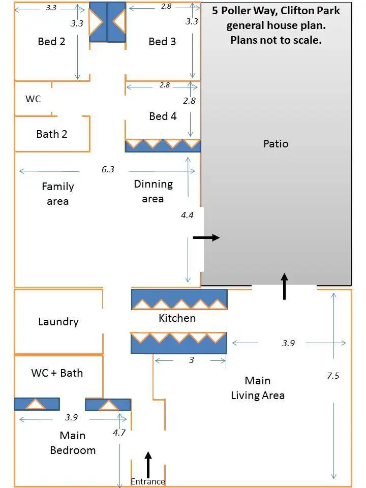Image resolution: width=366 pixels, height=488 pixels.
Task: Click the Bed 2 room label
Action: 51,42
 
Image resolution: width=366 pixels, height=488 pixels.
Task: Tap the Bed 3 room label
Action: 162,42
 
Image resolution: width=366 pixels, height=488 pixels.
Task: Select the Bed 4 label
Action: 163,116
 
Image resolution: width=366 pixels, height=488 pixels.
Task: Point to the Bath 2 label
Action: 52,134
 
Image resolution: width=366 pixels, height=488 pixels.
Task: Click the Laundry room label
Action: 58,322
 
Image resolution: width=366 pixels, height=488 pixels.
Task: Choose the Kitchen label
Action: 177,318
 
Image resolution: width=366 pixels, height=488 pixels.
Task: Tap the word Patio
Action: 276,144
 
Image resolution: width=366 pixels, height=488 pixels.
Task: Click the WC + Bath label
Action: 57,373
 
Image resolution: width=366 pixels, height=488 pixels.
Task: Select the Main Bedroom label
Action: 73,443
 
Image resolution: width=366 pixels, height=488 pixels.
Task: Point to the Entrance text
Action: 148,481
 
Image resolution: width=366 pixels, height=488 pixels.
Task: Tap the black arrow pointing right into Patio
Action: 206,237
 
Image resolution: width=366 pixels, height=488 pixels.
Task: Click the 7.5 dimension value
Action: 333,376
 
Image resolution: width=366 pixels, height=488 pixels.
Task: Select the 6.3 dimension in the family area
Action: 108,170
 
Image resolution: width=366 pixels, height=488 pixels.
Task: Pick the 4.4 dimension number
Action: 187,215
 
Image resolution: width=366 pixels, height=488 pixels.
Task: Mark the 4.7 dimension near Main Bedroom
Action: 119,433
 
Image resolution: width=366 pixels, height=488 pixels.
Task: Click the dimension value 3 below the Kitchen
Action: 191,360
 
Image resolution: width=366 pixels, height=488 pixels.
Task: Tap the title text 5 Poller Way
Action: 276,11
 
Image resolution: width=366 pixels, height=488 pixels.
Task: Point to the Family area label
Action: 57,194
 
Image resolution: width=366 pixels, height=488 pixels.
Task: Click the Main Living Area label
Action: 258,388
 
